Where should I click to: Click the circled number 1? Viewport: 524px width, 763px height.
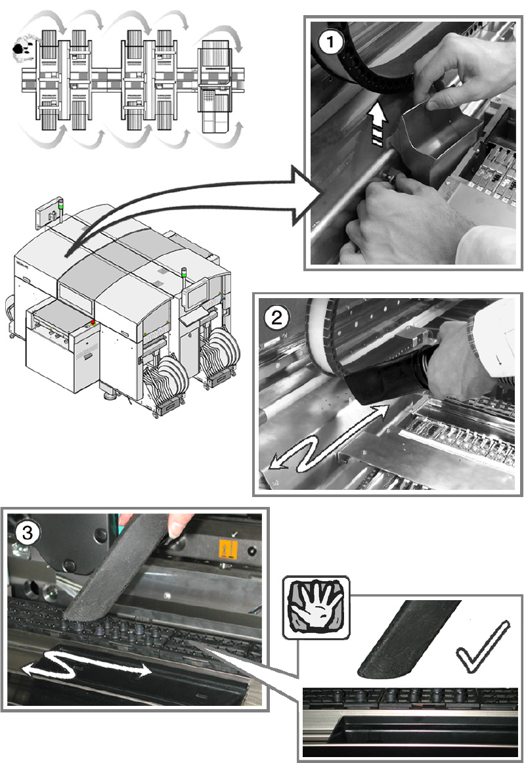click(330, 44)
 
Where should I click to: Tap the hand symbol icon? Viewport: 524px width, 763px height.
click(316, 608)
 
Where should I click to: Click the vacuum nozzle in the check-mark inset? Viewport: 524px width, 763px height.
click(407, 640)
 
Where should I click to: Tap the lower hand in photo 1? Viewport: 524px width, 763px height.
click(394, 217)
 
